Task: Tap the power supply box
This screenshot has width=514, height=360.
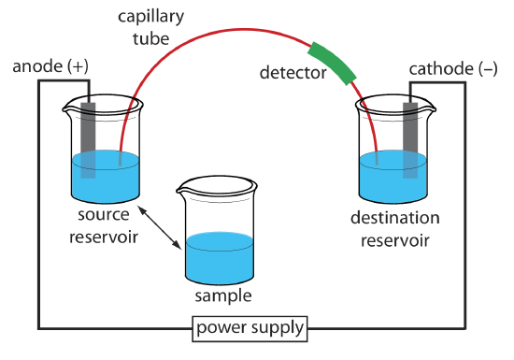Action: coord(250,329)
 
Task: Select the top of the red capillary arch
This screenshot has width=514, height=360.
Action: coord(243,30)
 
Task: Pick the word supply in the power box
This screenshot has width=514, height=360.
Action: coord(277,330)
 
